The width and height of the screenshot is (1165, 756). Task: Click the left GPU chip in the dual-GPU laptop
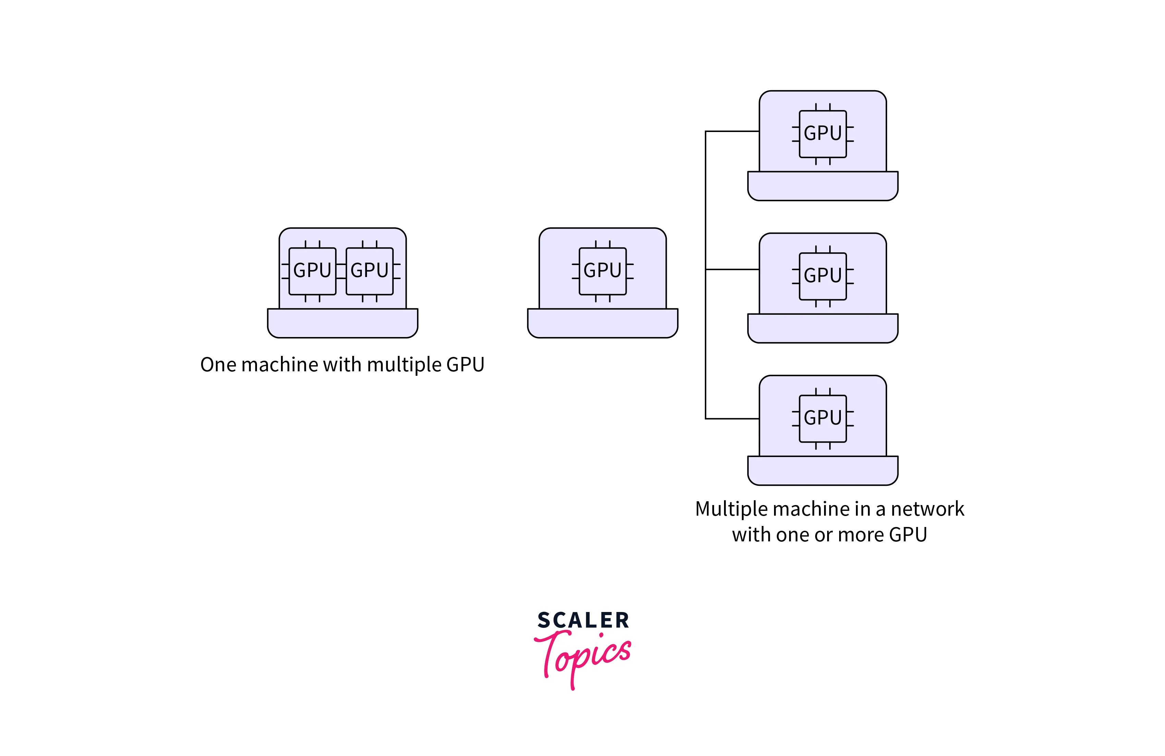[x=312, y=271]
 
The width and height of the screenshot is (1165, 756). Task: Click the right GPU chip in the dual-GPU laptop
[x=370, y=271]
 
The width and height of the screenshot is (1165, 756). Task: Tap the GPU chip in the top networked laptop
[x=823, y=134]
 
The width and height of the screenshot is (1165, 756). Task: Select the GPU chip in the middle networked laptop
[x=823, y=276]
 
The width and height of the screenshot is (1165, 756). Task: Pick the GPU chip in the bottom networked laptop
[x=823, y=419]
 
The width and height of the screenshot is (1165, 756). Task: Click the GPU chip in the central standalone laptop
[x=603, y=271]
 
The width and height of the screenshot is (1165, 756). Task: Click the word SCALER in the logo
[x=583, y=620]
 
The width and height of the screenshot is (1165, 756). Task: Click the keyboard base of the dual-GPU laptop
[x=343, y=323]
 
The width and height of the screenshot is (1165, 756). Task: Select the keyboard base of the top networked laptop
[x=823, y=186]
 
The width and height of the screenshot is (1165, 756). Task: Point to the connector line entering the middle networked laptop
[x=732, y=269]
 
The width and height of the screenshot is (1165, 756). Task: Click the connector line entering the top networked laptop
[x=732, y=131]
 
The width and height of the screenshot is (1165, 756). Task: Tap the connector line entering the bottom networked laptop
[x=732, y=419]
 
